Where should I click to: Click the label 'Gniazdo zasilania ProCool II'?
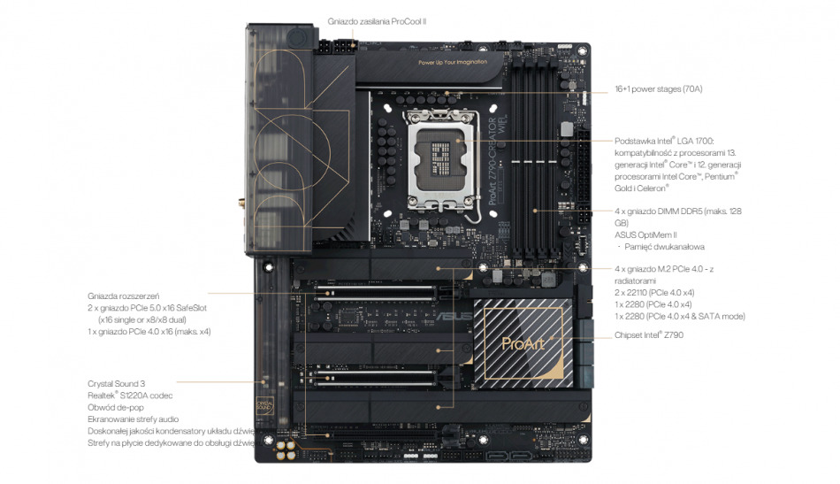pyautogui.click(x=376, y=20)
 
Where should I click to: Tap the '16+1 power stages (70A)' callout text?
pyautogui.click(x=658, y=89)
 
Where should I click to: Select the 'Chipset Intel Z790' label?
pyautogui.click(x=648, y=335)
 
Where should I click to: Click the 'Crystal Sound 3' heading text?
pyautogui.click(x=116, y=383)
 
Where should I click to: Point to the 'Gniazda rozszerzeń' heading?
pyautogui.click(x=122, y=295)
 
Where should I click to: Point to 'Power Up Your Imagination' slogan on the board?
pyautogui.click(x=454, y=63)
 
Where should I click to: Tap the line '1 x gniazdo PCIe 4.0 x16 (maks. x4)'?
pyautogui.click(x=149, y=331)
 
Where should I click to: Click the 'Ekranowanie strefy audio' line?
pyautogui.click(x=134, y=419)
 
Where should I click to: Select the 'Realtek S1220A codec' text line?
pyautogui.click(x=130, y=395)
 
